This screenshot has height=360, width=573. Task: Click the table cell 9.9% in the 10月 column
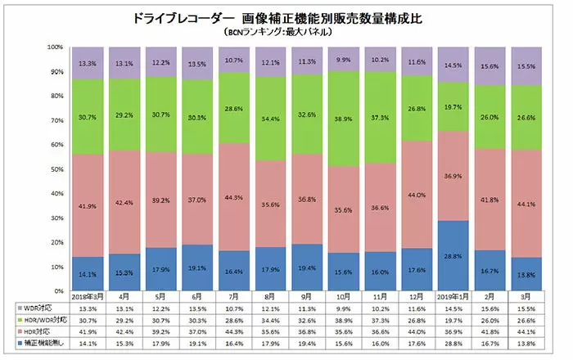click(342, 309)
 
